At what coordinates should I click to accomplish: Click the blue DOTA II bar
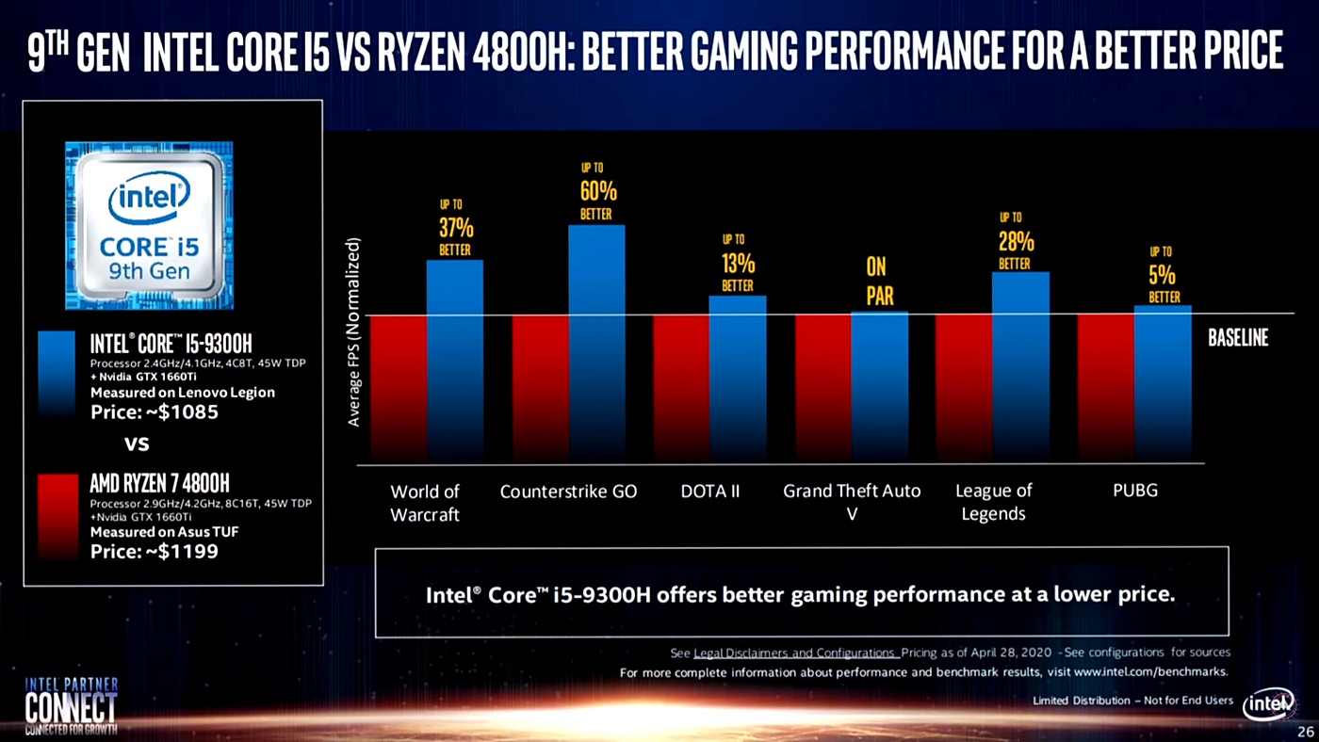click(737, 377)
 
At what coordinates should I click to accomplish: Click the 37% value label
click(456, 227)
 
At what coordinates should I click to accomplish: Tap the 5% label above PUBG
click(1162, 274)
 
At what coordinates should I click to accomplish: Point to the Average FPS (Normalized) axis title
click(353, 331)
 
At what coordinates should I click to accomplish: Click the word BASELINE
click(1238, 338)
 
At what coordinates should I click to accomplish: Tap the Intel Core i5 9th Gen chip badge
click(149, 225)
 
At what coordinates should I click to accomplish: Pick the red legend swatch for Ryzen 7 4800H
click(57, 516)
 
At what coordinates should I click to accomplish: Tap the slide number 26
click(1304, 732)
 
